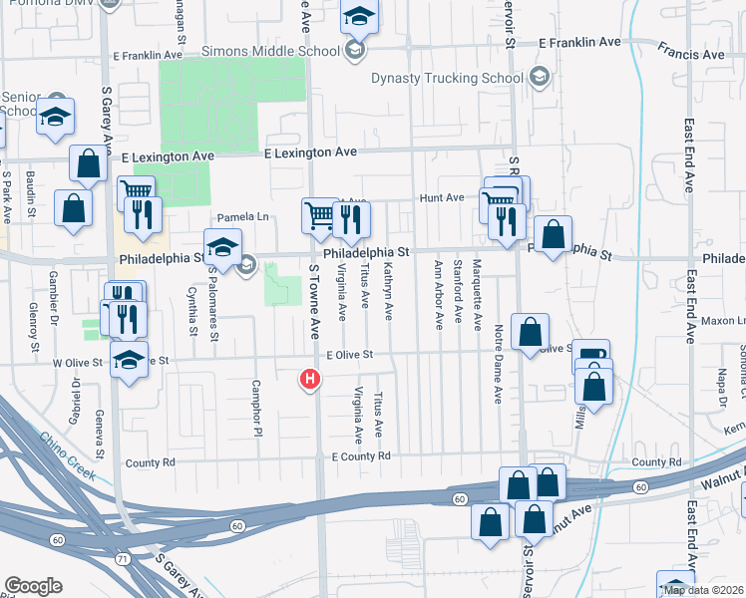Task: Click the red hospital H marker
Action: pyautogui.click(x=311, y=380)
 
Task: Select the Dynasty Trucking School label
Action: pyautogui.click(x=447, y=78)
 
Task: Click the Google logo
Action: pyautogui.click(x=33, y=586)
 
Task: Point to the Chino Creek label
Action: pyautogui.click(x=68, y=455)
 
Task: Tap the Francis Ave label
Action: pyautogui.click(x=691, y=54)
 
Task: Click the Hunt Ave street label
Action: pyautogui.click(x=441, y=198)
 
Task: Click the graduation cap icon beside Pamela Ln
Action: pyautogui.click(x=222, y=247)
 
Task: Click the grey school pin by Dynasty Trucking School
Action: pyautogui.click(x=540, y=77)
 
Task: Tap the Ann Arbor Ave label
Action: pyautogui.click(x=438, y=295)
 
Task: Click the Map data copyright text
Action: pyautogui.click(x=703, y=590)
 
